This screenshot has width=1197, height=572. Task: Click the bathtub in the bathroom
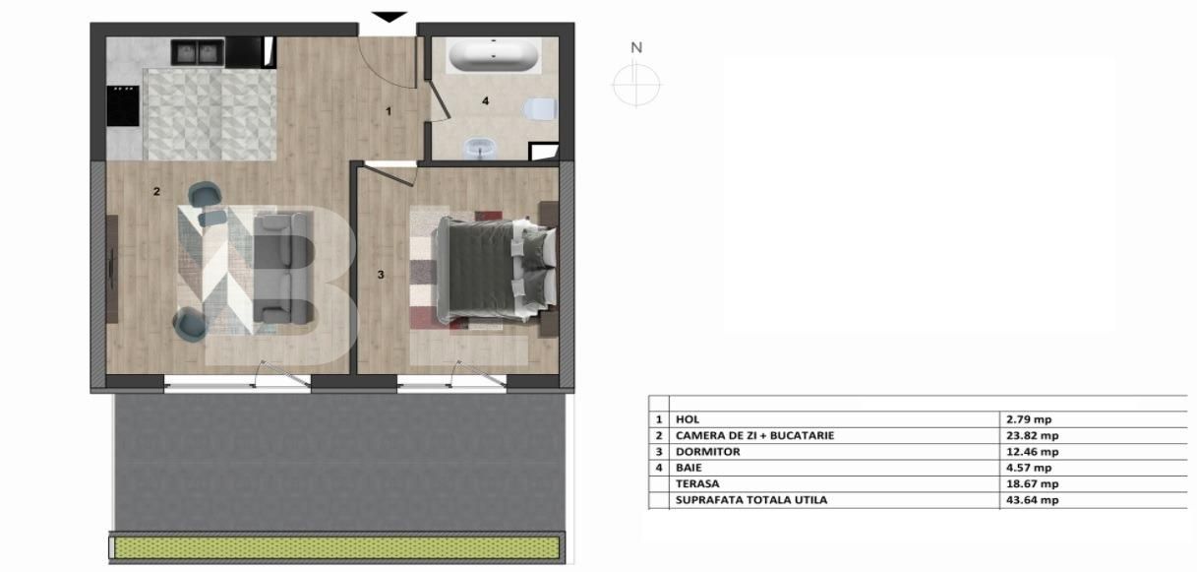coord(493,55)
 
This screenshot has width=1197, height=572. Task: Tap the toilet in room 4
coord(540,109)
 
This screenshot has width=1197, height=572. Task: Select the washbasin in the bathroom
coord(480,148)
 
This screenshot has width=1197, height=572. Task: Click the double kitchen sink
coord(197,52)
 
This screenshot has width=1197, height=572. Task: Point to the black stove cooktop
coord(123,106)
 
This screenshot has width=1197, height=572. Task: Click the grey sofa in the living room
coord(282,268)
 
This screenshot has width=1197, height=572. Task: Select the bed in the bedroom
coord(496,270)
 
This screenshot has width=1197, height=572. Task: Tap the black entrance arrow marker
coord(389,17)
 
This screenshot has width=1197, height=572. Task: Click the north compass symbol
coord(636,77)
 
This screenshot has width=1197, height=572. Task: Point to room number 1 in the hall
coord(389,111)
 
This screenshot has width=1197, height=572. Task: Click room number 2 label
coord(156,191)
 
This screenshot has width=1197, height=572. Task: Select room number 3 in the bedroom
coord(381,275)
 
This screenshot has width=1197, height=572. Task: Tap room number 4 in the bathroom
coord(485,100)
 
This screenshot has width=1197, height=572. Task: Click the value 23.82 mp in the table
coord(1033,435)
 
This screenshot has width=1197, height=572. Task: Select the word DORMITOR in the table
coord(707,452)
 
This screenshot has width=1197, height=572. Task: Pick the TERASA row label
coord(697,483)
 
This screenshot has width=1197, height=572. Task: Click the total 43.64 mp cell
coord(1033,500)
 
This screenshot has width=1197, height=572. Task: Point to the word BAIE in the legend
coord(688,468)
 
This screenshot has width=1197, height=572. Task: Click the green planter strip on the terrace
coord(336,548)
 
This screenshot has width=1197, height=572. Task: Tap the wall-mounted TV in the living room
coord(112,269)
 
